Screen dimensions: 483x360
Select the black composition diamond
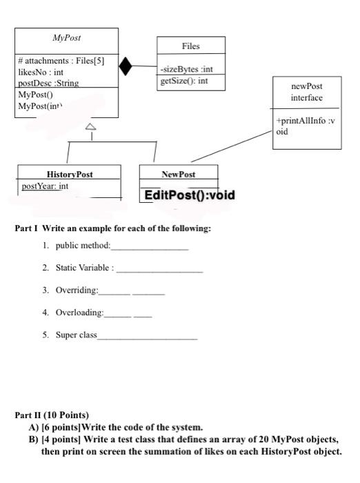click(126, 66)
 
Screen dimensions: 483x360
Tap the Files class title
click(190, 46)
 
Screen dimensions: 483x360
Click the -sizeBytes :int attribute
click(186, 69)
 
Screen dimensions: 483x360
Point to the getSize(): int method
click(183, 81)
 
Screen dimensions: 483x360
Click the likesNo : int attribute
click(41, 72)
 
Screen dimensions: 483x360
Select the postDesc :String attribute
click(48, 83)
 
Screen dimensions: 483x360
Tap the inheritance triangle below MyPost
click(90, 127)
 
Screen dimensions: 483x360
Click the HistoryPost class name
click(70, 175)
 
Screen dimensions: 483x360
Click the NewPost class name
click(178, 175)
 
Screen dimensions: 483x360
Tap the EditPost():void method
click(190, 195)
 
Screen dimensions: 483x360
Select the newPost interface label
click(307, 92)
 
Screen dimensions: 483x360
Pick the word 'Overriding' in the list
click(77, 290)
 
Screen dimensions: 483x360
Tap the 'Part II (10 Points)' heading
click(52, 415)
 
